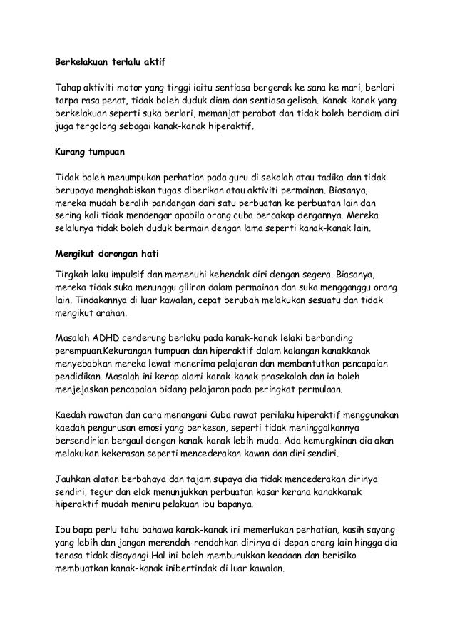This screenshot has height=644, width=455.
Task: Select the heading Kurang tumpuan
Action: coord(87,152)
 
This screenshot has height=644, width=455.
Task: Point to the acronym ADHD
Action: coord(107,337)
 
